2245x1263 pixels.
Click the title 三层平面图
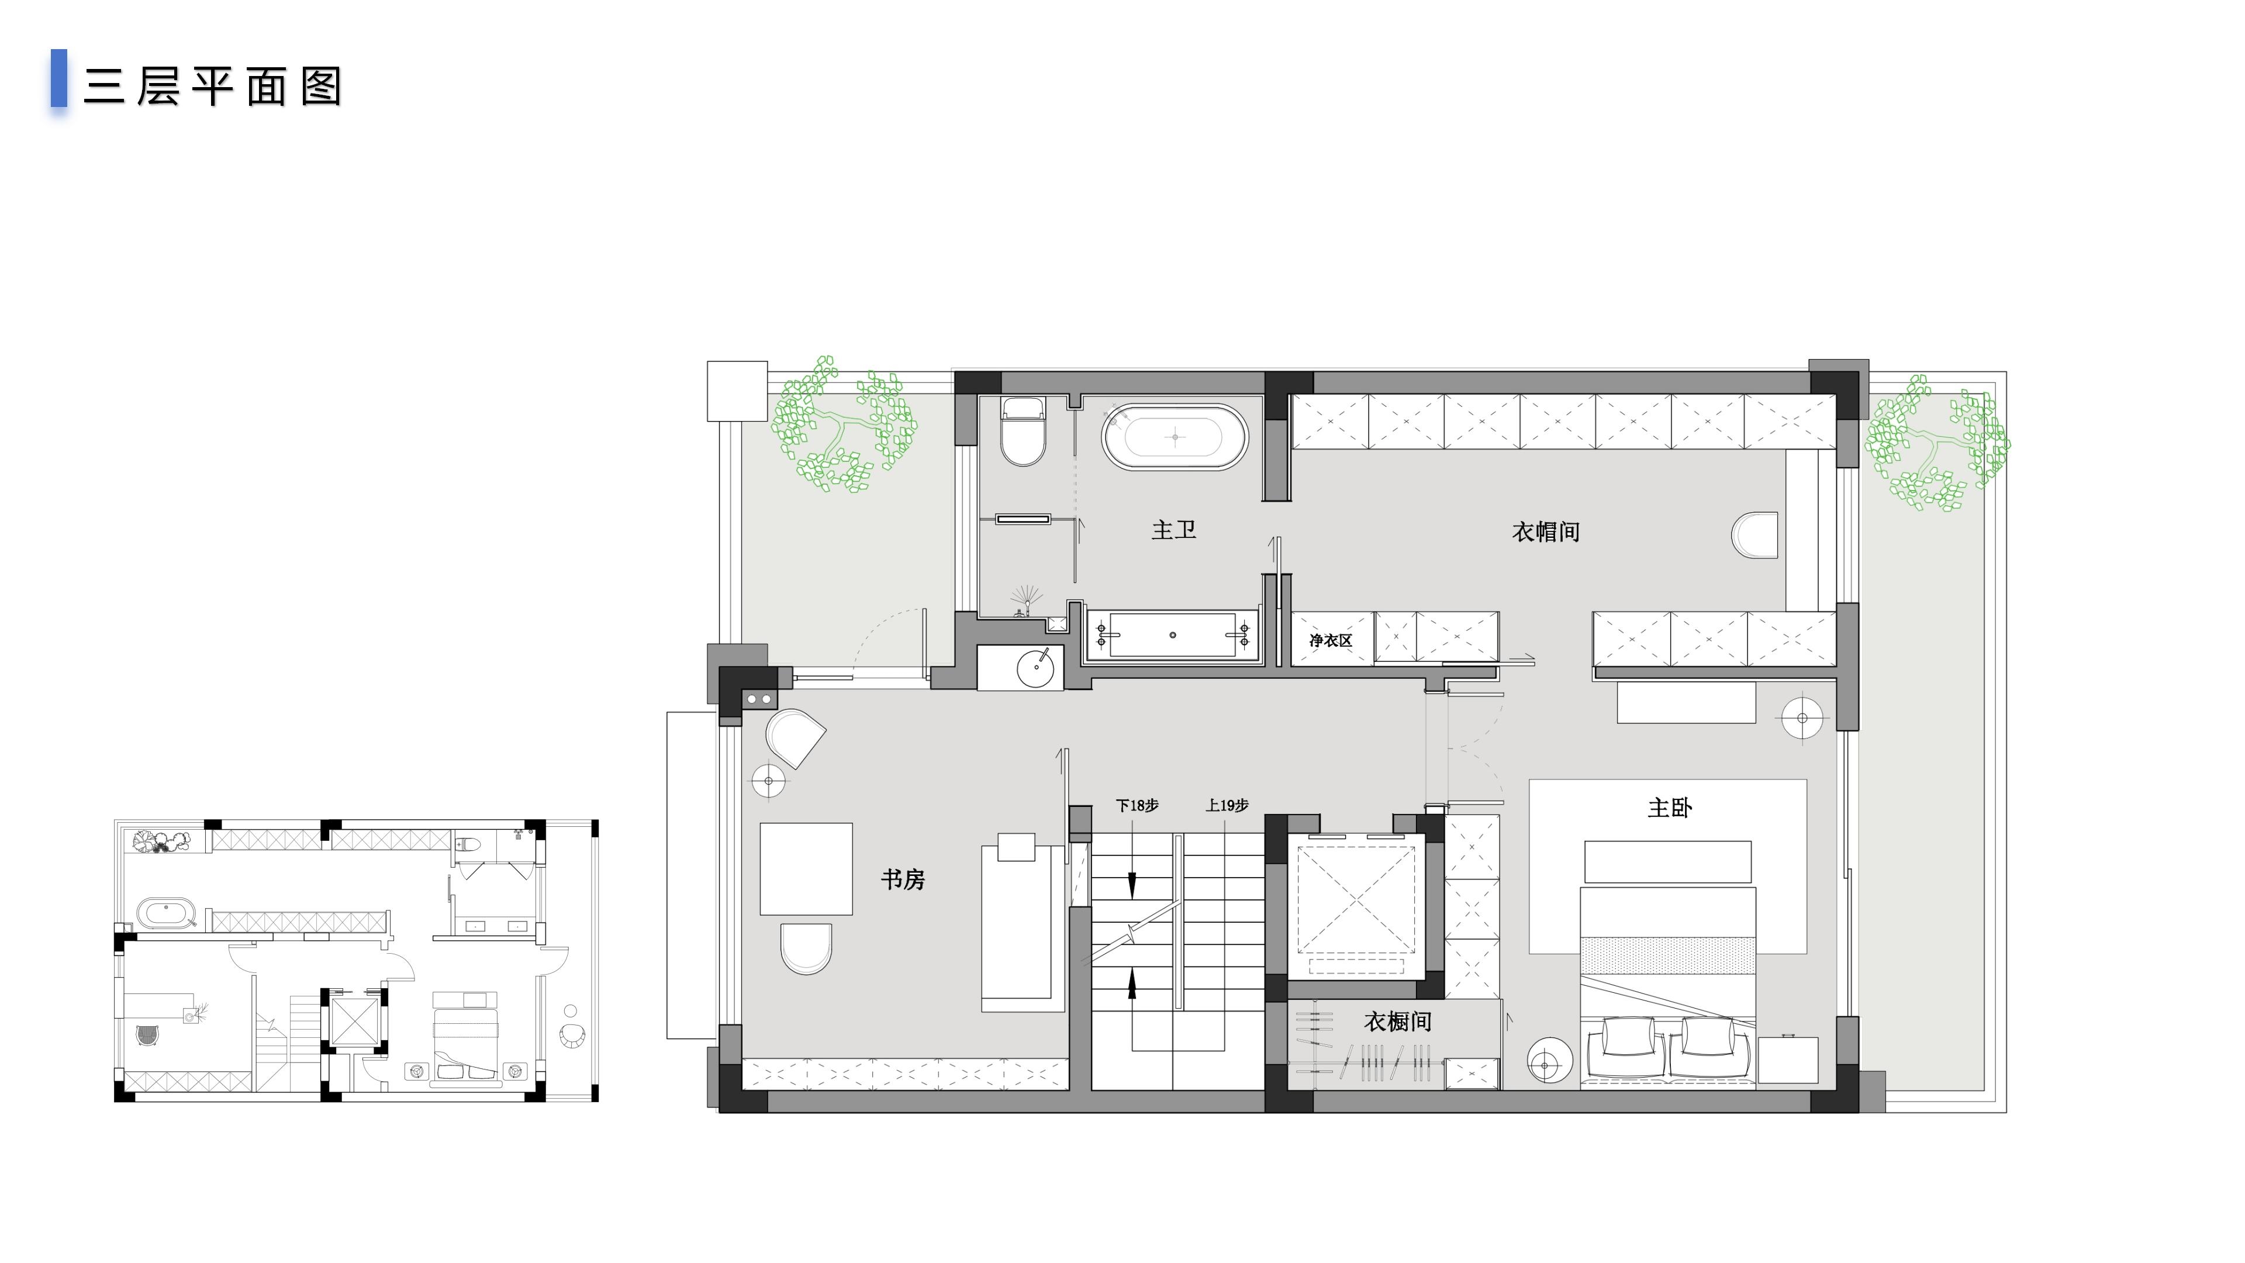pos(213,87)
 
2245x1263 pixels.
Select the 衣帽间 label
pos(1545,532)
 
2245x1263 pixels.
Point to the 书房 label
pos(903,879)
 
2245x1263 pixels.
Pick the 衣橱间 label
pos(1397,1022)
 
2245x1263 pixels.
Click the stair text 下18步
pos(1137,805)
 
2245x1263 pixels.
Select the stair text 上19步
pos(1227,805)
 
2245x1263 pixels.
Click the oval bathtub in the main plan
pos(1175,437)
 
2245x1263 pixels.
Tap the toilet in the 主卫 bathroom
pos(1023,432)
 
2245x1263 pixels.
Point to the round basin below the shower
pos(1035,668)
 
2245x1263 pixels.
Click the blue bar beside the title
pos(59,78)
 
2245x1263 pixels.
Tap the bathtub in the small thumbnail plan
pos(165,913)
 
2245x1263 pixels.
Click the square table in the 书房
pos(806,869)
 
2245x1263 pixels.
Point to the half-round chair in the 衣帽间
pos(1754,535)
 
